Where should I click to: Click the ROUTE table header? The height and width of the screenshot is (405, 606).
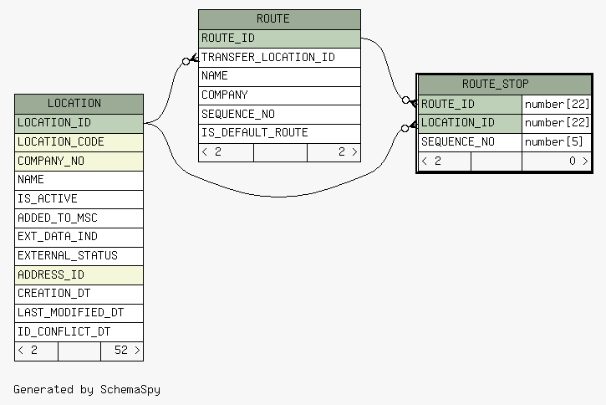(x=273, y=18)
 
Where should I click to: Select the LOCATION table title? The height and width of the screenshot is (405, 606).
(x=74, y=103)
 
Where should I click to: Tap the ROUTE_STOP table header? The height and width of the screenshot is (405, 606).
(x=496, y=84)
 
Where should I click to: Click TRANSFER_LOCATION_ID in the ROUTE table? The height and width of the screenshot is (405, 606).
(x=268, y=57)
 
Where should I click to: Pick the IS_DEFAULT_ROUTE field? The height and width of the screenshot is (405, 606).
(x=255, y=133)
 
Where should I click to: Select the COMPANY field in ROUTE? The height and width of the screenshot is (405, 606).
(x=225, y=95)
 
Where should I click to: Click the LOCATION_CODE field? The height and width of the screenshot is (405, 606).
(x=61, y=141)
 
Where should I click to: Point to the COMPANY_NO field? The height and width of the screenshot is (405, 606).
(x=51, y=161)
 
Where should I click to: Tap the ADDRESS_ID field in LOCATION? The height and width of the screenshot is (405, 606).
(x=51, y=274)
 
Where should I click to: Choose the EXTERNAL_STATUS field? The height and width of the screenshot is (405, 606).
(x=68, y=256)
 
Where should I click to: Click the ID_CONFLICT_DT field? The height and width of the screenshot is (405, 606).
(x=64, y=331)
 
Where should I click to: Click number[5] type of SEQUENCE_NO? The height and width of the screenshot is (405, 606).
(x=554, y=141)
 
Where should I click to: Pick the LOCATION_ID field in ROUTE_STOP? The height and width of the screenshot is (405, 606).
(x=458, y=123)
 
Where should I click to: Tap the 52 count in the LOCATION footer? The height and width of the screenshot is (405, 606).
(x=121, y=350)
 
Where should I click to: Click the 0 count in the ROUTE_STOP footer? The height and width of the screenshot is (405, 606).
(x=573, y=161)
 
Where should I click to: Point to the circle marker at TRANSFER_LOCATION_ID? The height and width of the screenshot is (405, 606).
(x=186, y=61)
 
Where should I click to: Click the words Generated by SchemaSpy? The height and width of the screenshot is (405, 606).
(x=87, y=390)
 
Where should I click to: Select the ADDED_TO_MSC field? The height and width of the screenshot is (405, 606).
(x=58, y=218)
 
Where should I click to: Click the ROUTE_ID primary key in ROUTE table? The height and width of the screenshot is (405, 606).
(x=228, y=38)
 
